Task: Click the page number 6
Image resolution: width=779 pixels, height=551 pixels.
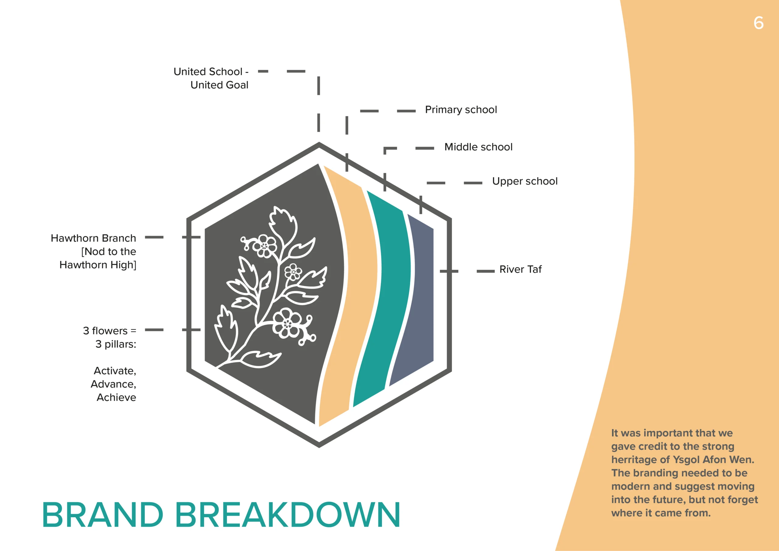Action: tap(758, 23)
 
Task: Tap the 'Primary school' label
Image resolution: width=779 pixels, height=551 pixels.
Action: tap(461, 110)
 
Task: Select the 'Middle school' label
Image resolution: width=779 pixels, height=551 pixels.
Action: tap(478, 147)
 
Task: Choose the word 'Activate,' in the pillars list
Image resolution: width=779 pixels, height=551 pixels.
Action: tap(115, 371)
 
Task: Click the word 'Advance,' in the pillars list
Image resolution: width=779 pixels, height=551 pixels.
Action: tap(113, 384)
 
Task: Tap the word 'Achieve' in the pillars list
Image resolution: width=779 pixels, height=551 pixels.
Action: tap(116, 397)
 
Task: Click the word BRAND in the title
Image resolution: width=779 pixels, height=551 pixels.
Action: tap(103, 515)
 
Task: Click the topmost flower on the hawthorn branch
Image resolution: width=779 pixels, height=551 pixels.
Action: tap(265, 246)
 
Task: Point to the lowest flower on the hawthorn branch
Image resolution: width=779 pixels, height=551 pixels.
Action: tap(287, 323)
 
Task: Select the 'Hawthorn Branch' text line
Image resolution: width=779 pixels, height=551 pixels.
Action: tap(93, 238)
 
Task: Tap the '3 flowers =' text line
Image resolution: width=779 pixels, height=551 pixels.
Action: tap(110, 331)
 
